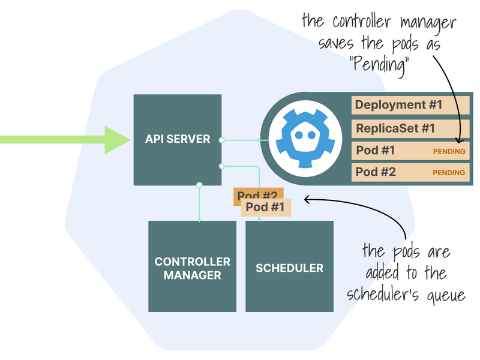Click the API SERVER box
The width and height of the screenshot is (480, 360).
click(x=177, y=139)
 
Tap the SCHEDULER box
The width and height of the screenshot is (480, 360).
click(x=289, y=266)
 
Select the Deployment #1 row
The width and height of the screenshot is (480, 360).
click(x=410, y=105)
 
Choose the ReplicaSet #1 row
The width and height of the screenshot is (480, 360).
click(x=410, y=128)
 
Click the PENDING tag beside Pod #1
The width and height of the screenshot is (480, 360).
click(x=449, y=151)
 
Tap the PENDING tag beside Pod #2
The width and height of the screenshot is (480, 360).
click(x=449, y=173)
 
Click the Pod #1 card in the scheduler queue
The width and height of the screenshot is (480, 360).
click(x=266, y=208)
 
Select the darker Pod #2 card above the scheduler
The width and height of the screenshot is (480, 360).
click(x=257, y=195)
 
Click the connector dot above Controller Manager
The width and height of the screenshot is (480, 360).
click(x=199, y=185)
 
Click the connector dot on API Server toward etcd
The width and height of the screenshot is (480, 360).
click(x=221, y=140)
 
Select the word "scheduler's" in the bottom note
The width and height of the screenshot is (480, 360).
click(x=384, y=295)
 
